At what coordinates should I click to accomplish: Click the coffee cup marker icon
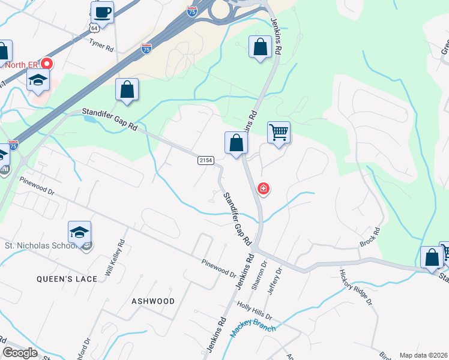tap(102, 12)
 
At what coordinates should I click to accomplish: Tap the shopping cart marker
tap(279, 133)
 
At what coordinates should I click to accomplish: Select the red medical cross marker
tap(263, 189)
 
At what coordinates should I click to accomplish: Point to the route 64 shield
tap(94, 28)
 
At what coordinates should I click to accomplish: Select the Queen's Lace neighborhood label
tap(59, 279)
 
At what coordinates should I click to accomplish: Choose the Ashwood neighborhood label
tap(153, 301)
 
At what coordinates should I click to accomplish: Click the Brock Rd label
tap(371, 238)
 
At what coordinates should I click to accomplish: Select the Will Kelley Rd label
tap(115, 258)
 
